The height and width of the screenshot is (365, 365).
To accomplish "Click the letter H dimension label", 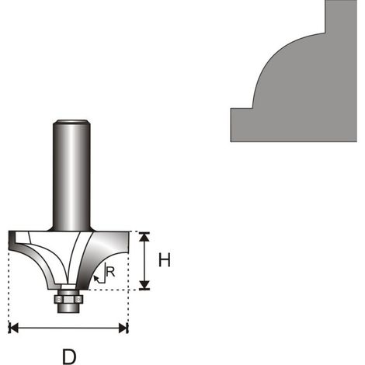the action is [x=165, y=260].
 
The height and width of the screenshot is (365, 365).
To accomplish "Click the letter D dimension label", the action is [x=69, y=356].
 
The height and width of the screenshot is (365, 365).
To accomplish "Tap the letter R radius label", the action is [x=110, y=272].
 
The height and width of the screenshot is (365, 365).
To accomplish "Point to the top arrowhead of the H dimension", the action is [x=144, y=237].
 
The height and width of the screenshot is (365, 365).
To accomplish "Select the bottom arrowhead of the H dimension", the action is [x=144, y=285].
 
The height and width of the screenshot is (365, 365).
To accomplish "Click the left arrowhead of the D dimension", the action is [x=13, y=328].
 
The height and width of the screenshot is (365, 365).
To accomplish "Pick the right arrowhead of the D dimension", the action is [x=123, y=328].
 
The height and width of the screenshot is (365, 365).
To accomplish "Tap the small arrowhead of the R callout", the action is [x=96, y=279].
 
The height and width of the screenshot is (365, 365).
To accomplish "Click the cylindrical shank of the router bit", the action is [x=71, y=176].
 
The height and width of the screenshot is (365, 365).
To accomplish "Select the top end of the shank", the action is [x=71, y=121].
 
